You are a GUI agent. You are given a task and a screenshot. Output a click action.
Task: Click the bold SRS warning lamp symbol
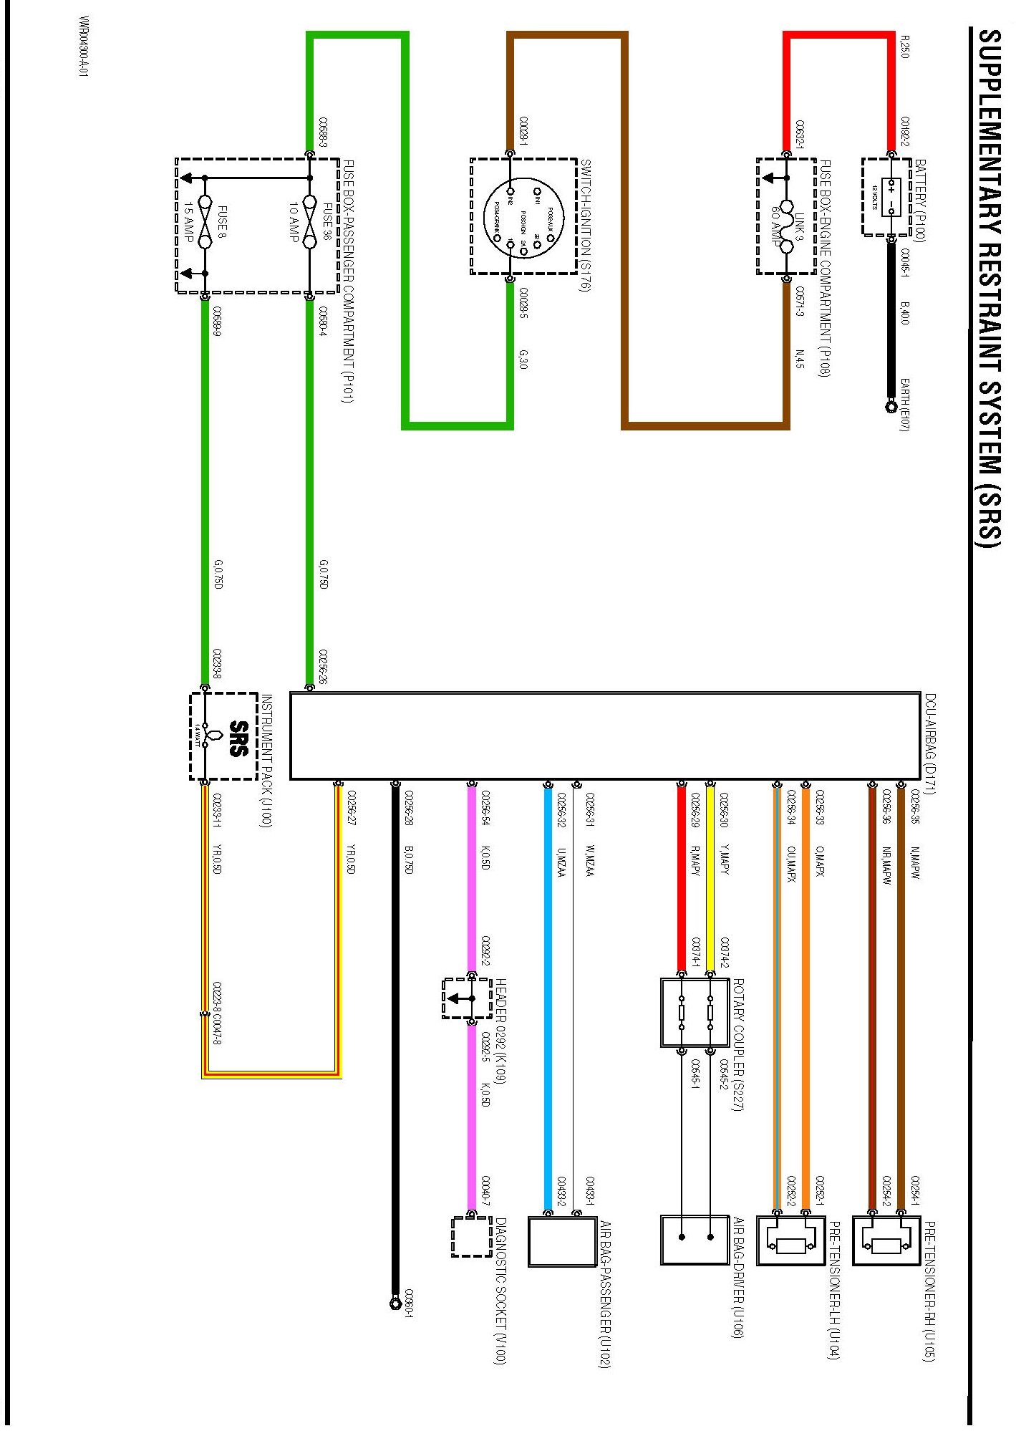237,738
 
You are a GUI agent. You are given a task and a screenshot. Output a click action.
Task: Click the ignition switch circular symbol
524,216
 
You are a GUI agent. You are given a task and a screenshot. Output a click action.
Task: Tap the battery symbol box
891,197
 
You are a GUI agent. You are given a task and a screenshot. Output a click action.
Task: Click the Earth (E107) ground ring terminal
891,408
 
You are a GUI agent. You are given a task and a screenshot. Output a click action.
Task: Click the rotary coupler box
695,1012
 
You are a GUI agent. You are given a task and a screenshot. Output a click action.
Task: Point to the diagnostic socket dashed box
472,1237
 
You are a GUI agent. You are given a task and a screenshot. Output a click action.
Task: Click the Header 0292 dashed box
467,998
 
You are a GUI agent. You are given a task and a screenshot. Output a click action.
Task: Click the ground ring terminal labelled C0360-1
395,1303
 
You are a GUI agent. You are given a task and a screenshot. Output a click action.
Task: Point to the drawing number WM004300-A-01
84,47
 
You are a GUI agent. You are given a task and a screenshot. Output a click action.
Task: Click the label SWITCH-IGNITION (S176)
584,226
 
